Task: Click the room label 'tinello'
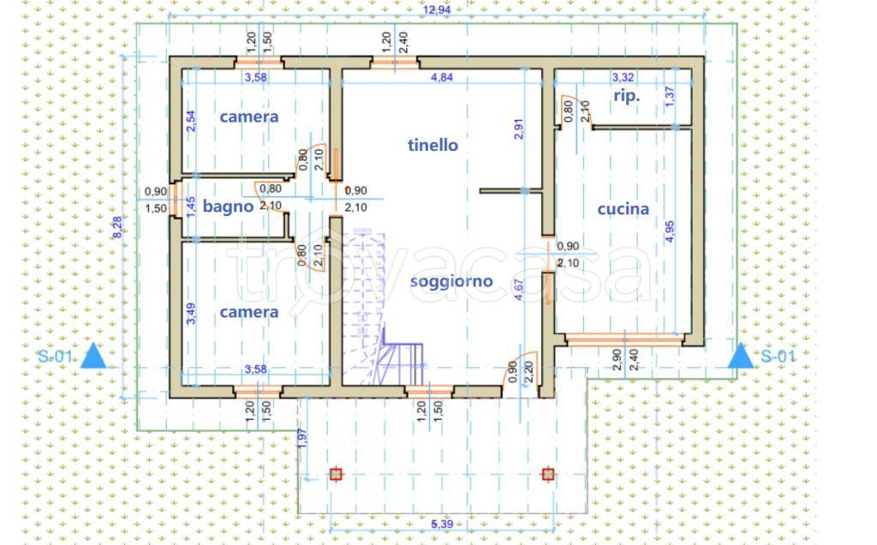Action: tap(433, 145)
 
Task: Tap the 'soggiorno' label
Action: tap(450, 280)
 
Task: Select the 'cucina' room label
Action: tap(623, 208)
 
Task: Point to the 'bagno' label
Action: tap(228, 206)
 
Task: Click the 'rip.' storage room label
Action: tap(626, 96)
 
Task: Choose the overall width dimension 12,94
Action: tap(437, 9)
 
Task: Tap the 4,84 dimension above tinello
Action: tap(442, 77)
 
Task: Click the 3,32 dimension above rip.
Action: tap(624, 77)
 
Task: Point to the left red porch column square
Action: tap(336, 473)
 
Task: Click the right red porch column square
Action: tap(548, 473)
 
